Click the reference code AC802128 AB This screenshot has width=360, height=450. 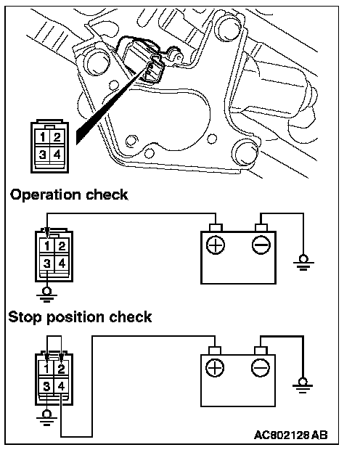pyautogui.click(x=290, y=435)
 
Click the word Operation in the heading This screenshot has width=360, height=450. pyautogui.click(x=45, y=195)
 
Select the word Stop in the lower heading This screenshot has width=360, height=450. pyautogui.click(x=25, y=317)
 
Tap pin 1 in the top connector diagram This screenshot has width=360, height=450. pyautogui.click(x=43, y=137)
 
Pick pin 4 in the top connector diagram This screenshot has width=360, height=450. pyautogui.click(x=57, y=155)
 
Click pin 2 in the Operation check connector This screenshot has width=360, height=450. pyautogui.click(x=62, y=246)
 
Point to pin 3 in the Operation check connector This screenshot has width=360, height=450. pyautogui.click(x=47, y=263)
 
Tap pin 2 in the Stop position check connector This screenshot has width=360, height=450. pyautogui.click(x=62, y=369)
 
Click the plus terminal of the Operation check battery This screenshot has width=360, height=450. pyautogui.click(x=216, y=245)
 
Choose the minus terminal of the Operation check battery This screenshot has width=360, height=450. pyautogui.click(x=261, y=245)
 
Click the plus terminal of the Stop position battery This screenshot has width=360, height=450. pyautogui.click(x=215, y=368)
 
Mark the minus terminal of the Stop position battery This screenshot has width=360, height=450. pyautogui.click(x=261, y=368)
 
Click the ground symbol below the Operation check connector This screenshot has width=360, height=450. pyautogui.click(x=46, y=295)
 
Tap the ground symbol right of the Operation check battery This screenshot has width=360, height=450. pyautogui.click(x=303, y=263)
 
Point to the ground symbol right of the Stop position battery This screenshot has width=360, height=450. pyautogui.click(x=303, y=385)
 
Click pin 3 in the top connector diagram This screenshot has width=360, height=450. pyautogui.click(x=43, y=155)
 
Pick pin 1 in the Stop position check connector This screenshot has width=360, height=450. pyautogui.click(x=46, y=369)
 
